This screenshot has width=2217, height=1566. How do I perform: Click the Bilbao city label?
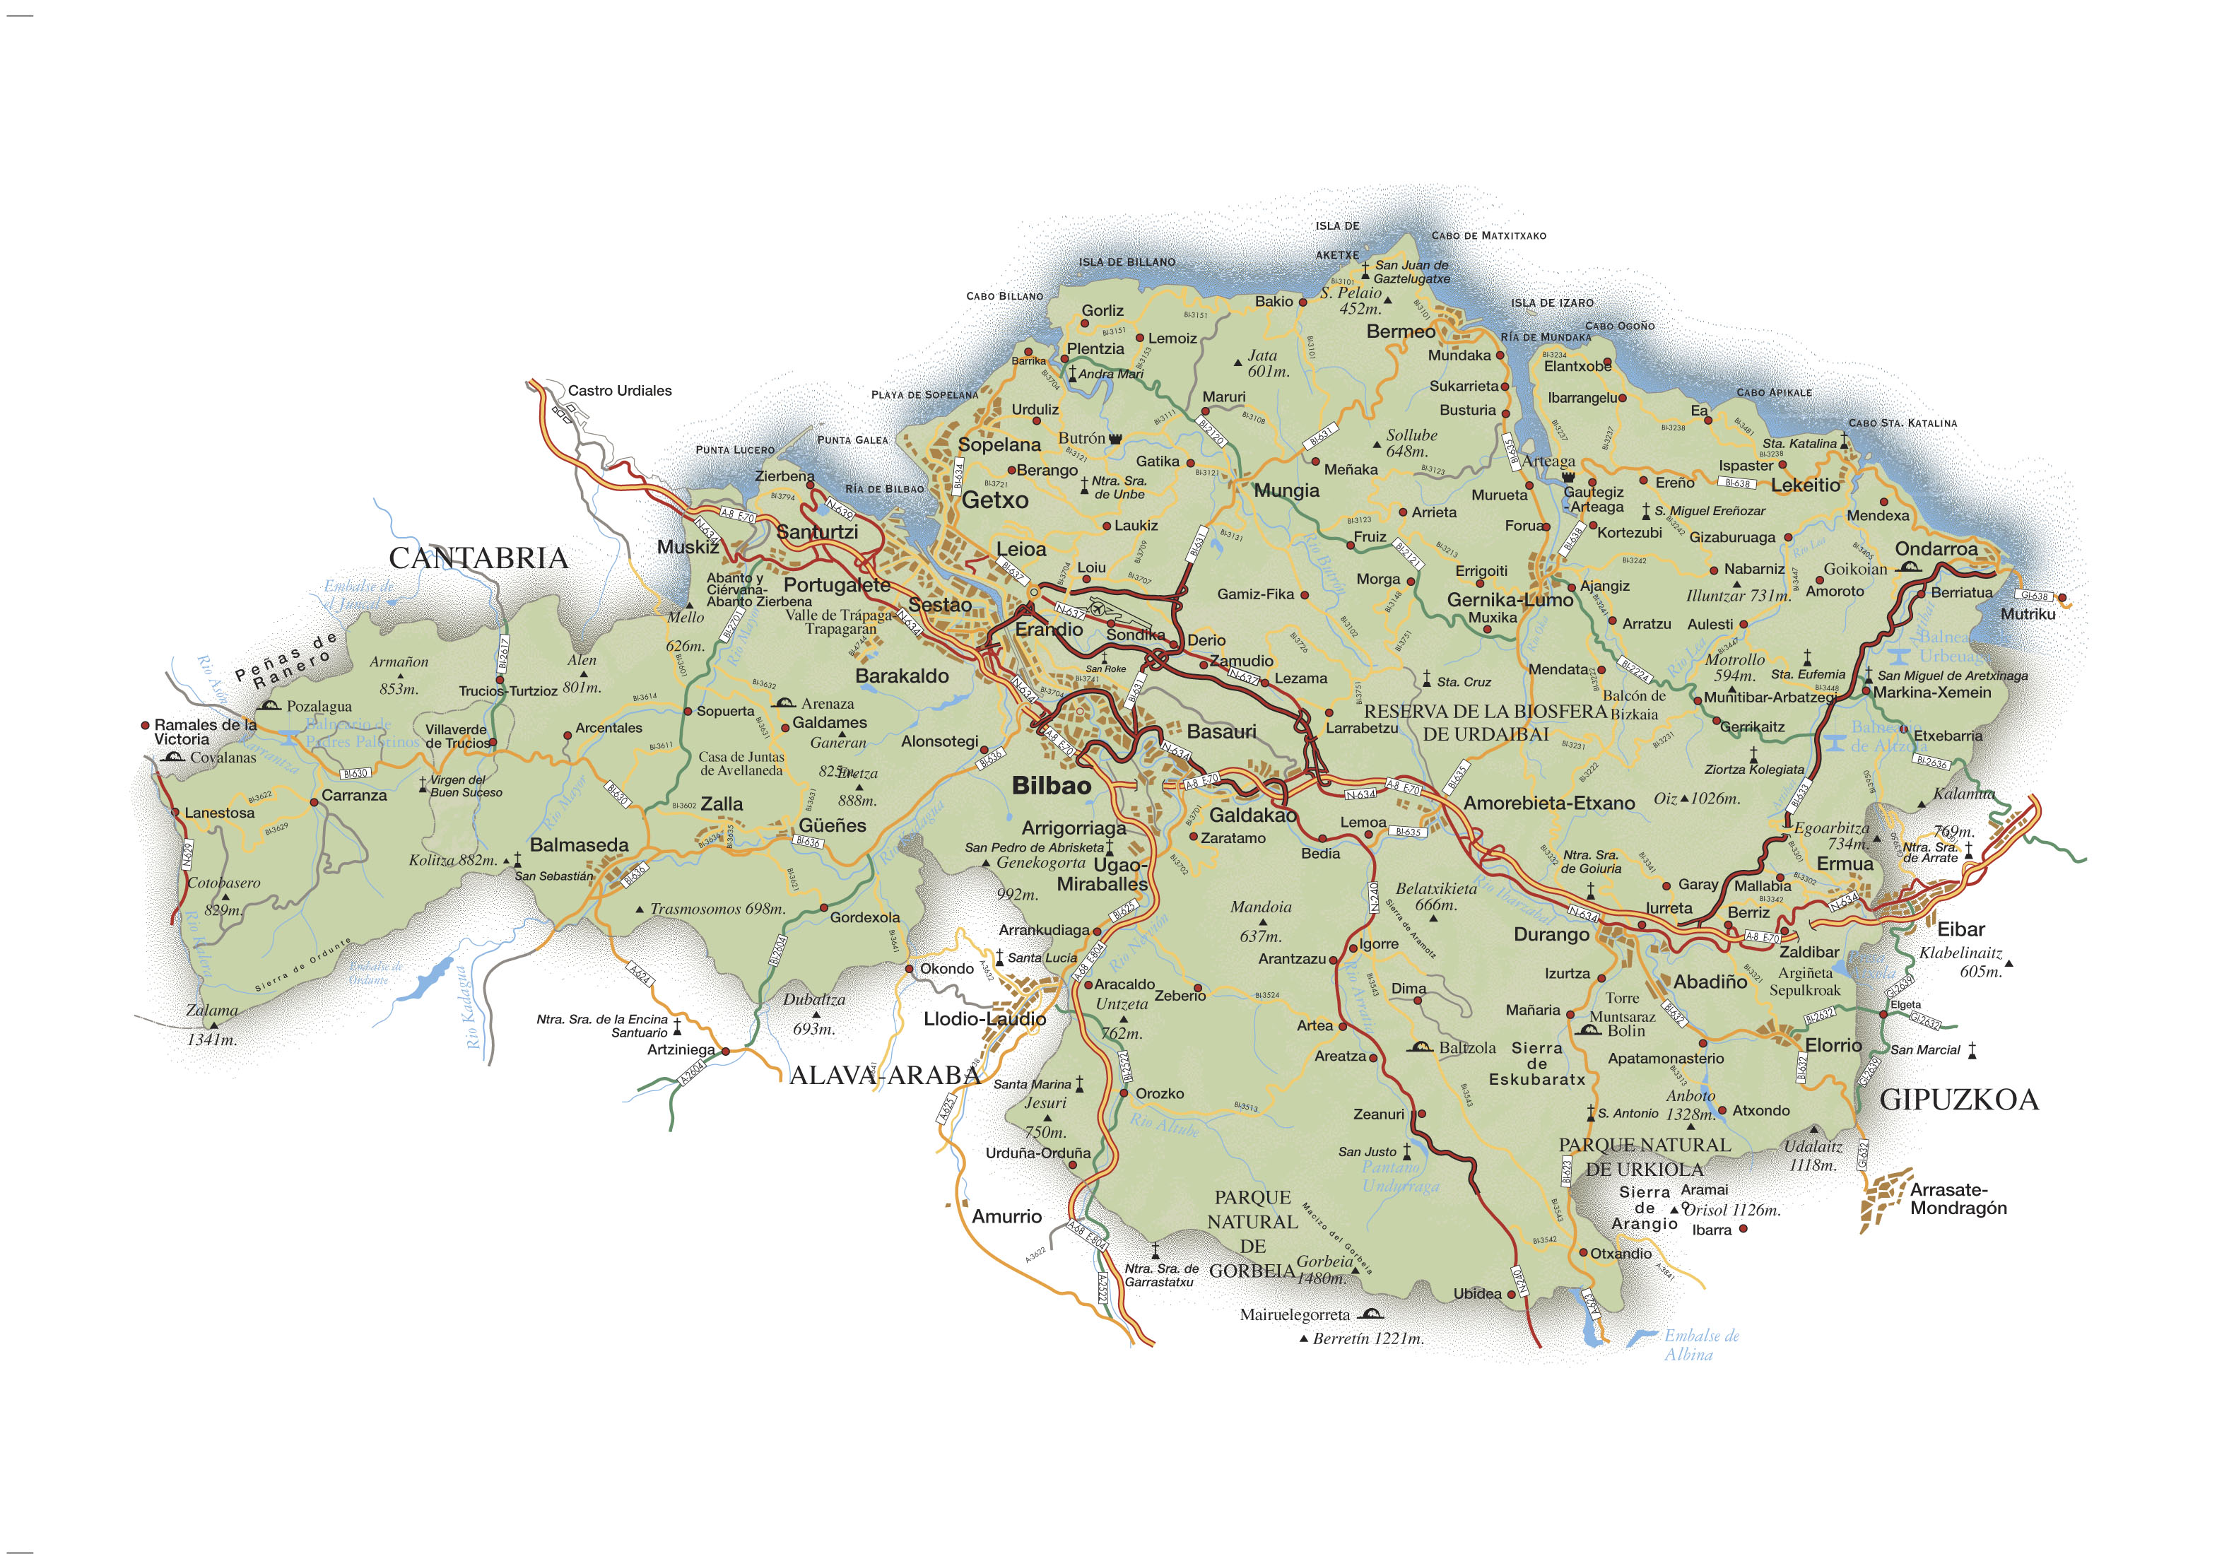coord(1052,786)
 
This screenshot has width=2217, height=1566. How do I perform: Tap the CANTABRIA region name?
coord(478,558)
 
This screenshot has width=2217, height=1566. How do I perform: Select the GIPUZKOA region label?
coord(1958,1100)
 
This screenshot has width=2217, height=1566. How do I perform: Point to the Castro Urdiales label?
coord(619,391)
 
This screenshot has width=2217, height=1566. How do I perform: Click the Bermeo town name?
coord(1400,332)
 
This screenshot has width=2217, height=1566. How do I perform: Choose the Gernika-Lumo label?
coord(1510,599)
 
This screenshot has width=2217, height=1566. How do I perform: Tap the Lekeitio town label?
coord(1805,485)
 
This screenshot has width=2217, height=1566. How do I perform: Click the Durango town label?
coord(1551,934)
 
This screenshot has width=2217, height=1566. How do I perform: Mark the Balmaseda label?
coord(578,844)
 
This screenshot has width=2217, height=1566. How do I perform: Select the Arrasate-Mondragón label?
coord(1957,1199)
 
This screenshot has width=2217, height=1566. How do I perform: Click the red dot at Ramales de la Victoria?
coord(145,725)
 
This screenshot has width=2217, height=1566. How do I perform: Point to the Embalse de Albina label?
coord(1700,1345)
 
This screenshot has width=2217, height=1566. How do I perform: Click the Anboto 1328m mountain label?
coord(1690,1105)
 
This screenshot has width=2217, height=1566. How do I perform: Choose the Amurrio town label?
coord(1006,1216)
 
